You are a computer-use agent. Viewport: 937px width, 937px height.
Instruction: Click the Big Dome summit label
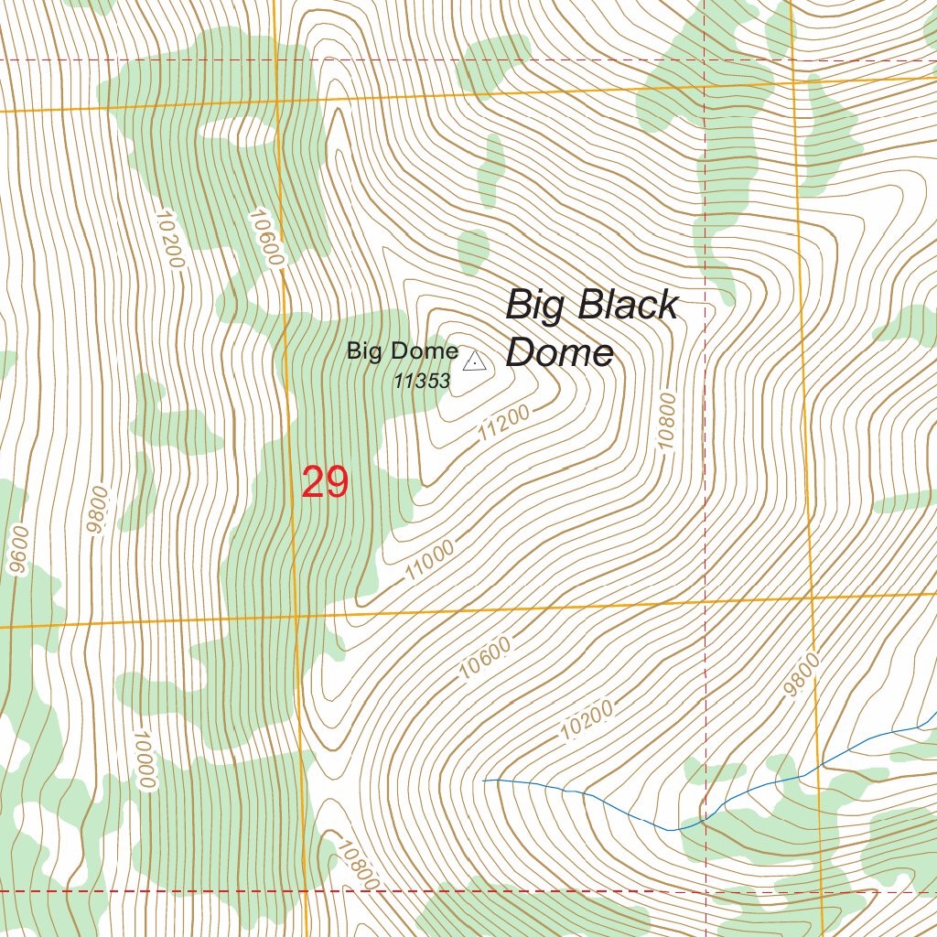402,351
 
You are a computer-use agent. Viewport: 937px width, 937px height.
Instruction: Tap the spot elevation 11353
422,382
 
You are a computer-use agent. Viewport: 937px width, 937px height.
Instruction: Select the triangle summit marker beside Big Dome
475,362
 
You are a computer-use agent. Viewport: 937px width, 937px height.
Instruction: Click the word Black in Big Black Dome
629,305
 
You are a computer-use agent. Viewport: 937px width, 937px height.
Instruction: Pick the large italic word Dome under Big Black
559,352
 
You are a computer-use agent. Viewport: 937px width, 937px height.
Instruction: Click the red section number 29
325,482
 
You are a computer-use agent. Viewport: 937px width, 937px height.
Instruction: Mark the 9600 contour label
16,550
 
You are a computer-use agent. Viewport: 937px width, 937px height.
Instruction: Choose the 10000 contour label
144,759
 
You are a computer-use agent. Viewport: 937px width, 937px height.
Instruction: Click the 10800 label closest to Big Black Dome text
666,421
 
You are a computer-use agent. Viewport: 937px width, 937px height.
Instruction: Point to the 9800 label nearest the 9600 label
94,510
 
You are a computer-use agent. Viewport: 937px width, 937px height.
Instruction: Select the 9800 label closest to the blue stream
802,675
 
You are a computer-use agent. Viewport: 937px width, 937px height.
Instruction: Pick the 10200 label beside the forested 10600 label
170,239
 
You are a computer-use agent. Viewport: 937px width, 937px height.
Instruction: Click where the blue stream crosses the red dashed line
705,817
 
